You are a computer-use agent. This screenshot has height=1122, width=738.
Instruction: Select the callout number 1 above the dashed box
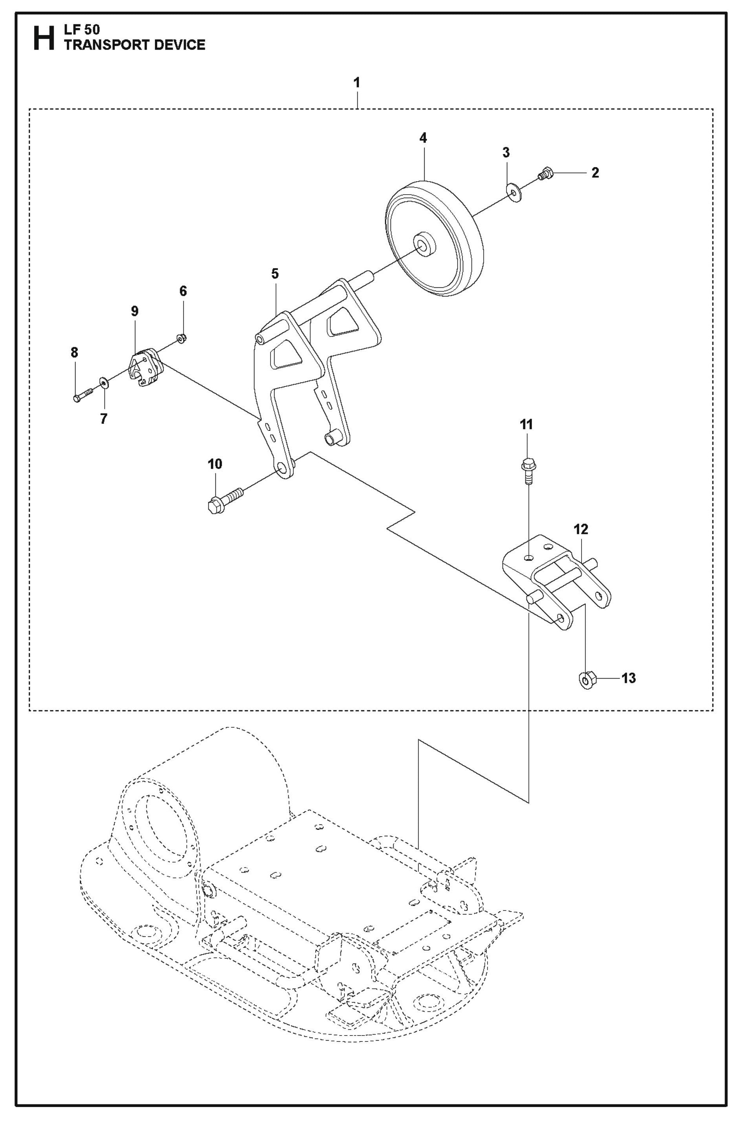[x=357, y=83]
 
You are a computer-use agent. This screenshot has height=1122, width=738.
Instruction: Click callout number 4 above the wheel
[x=423, y=138]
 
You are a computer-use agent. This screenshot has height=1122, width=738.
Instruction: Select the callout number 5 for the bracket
[x=274, y=274]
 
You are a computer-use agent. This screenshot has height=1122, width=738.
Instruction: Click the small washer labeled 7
[x=103, y=381]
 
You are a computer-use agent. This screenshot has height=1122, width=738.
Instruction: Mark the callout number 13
[x=628, y=679]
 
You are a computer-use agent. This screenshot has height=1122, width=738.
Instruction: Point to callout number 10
[x=215, y=464]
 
